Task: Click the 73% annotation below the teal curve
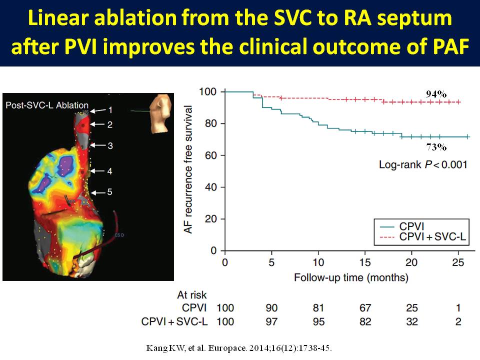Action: [x=435, y=147]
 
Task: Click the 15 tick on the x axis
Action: [x=365, y=263]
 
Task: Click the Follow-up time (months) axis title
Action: [x=344, y=277]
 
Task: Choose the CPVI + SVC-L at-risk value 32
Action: [x=412, y=321]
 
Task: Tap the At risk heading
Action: [x=192, y=295]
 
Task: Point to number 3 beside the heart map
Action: [x=110, y=145]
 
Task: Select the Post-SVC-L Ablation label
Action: [x=47, y=105]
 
